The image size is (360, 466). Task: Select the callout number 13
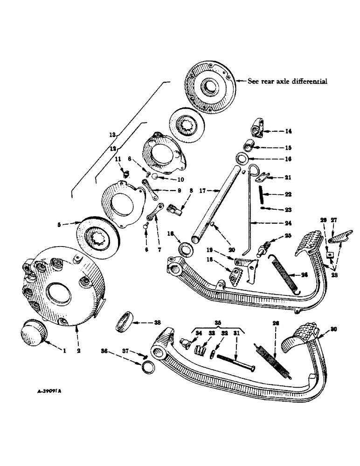pos(112,134)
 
